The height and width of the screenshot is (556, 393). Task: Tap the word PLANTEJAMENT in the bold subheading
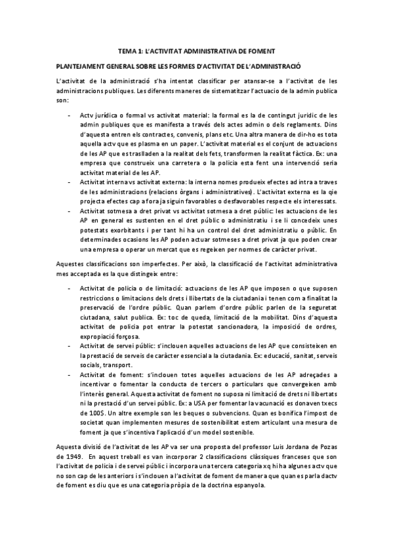[x=77, y=66]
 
